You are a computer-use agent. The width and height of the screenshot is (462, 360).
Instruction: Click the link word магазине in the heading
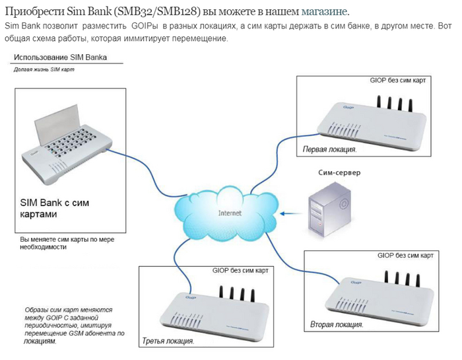tap(325, 12)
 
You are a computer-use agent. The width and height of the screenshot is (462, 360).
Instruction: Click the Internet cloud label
tap(230, 213)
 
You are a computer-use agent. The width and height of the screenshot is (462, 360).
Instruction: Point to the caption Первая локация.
tap(329, 149)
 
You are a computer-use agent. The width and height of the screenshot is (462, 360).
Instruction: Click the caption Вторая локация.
tap(337, 324)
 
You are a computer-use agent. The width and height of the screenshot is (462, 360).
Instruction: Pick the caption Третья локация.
tap(168, 342)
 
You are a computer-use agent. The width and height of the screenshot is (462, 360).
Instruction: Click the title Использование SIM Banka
tap(60, 57)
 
